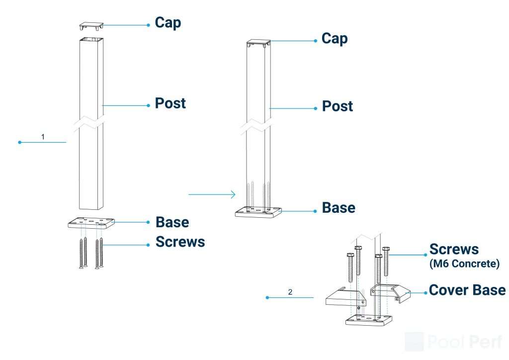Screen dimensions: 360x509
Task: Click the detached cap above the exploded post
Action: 91,25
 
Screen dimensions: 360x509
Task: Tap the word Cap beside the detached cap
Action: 168,23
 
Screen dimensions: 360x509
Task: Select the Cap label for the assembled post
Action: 335,39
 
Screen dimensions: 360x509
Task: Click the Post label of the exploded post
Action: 170,103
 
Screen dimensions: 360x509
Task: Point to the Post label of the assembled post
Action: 338,106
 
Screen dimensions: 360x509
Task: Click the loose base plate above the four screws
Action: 91,222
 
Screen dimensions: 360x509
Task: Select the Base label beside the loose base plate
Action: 172,222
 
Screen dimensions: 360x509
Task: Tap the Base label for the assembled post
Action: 339,208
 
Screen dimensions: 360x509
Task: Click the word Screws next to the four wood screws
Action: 180,242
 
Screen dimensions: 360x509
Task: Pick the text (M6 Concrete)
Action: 464,264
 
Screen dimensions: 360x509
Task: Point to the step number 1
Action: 43,137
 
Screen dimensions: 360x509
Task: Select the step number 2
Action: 290,292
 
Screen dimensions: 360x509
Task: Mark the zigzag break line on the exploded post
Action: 91,122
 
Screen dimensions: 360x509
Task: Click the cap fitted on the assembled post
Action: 258,43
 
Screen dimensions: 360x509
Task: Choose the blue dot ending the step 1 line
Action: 19,142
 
